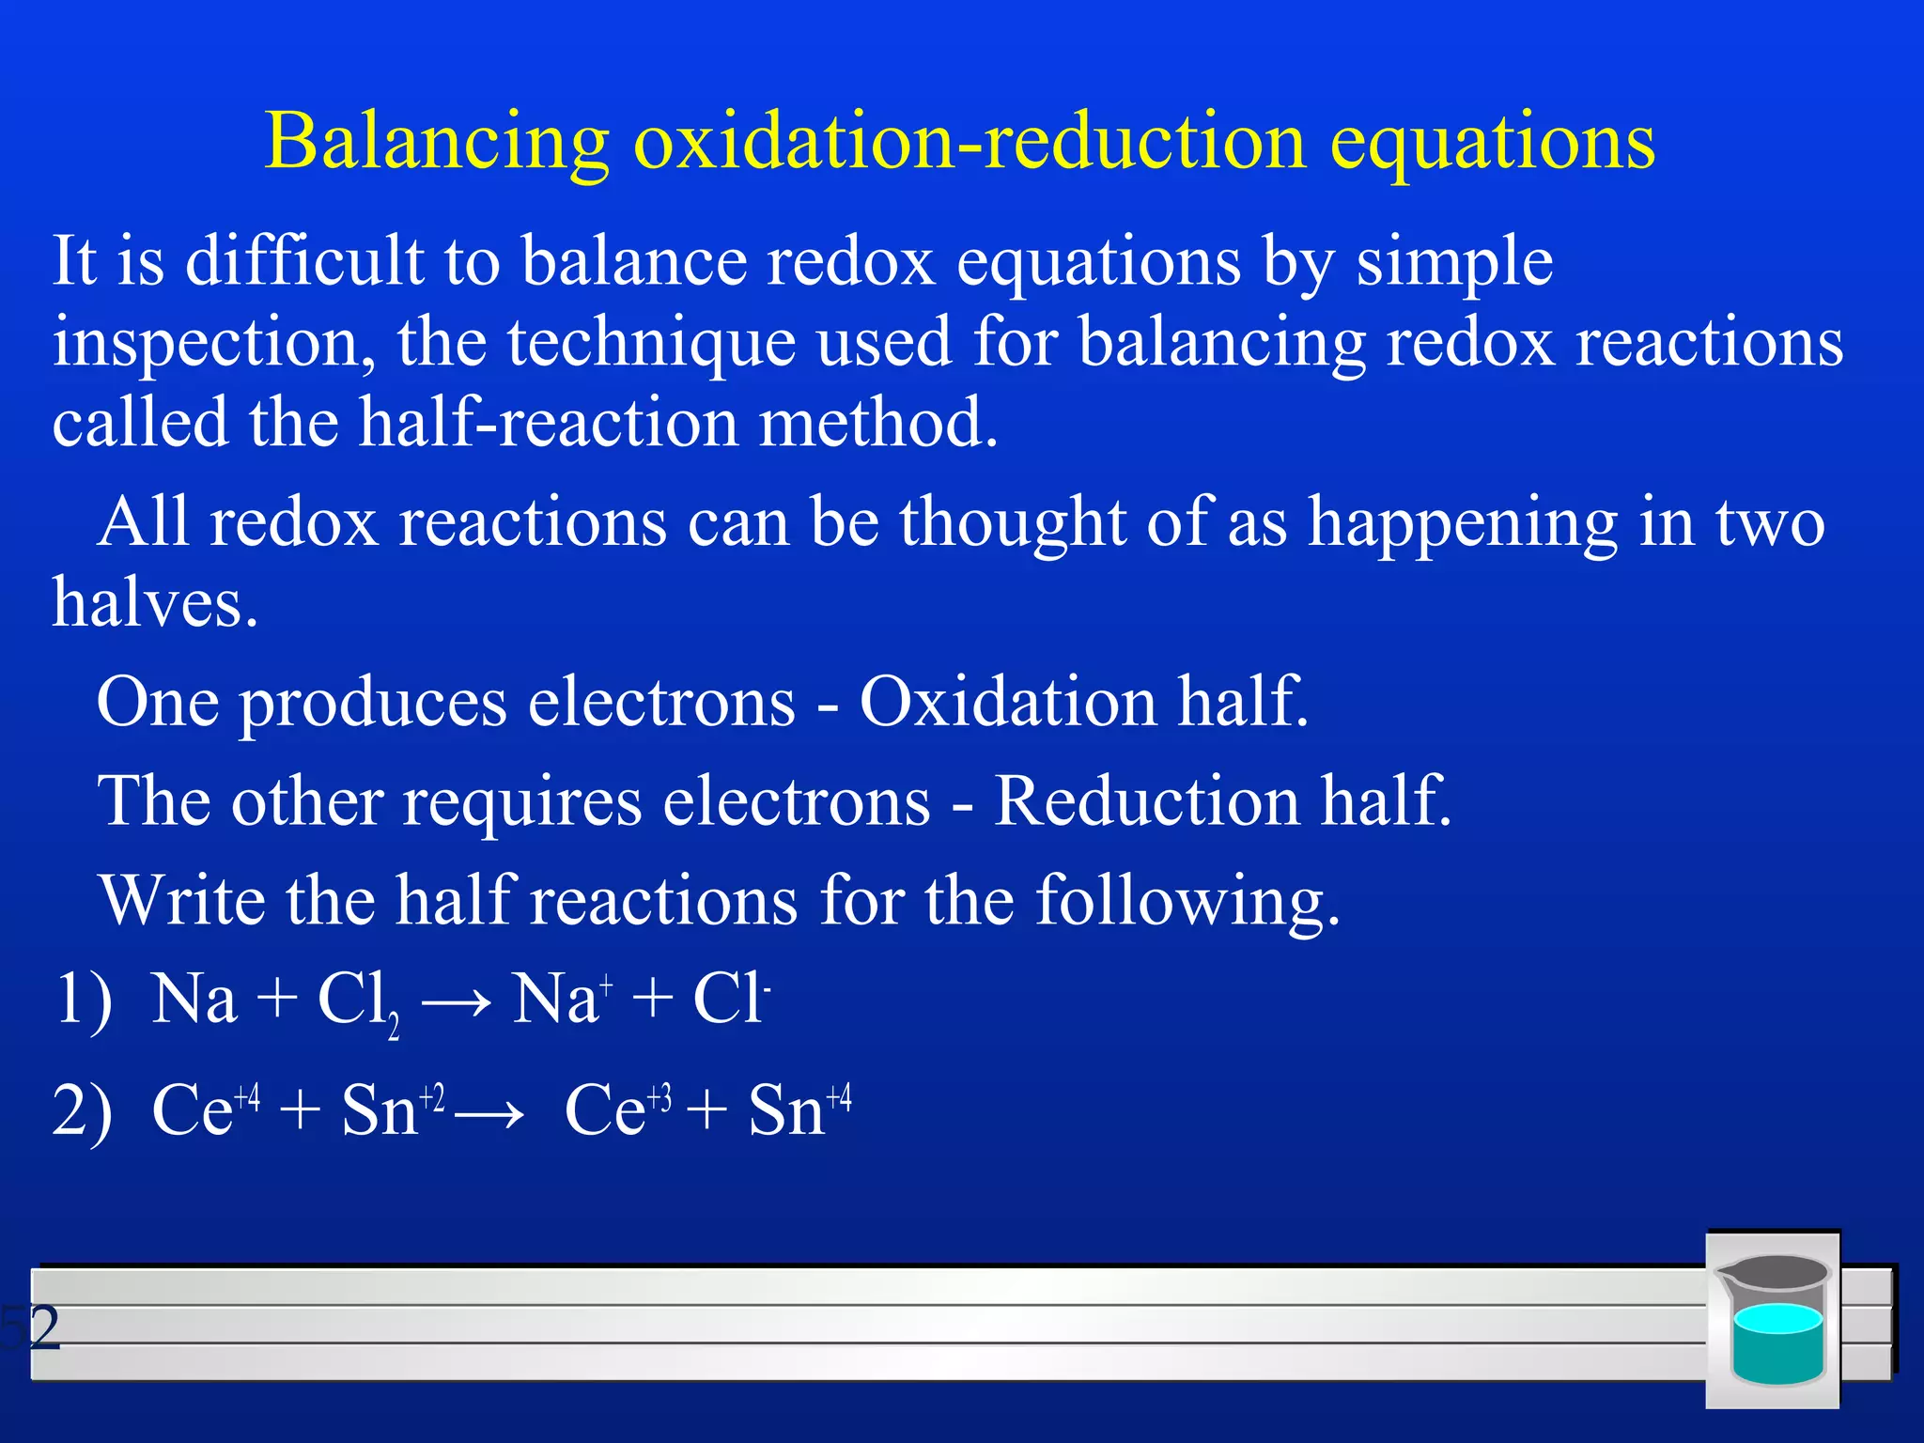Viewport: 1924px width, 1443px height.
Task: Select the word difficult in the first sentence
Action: click(x=303, y=260)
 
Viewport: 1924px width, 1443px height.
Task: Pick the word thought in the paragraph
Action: click(x=1012, y=522)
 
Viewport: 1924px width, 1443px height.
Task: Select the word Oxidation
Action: click(x=1007, y=703)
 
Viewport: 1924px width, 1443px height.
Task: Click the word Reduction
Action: click(x=1146, y=801)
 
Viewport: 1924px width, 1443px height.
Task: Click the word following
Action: click(x=1187, y=901)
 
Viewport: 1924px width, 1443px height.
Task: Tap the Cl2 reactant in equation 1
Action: click(x=358, y=1001)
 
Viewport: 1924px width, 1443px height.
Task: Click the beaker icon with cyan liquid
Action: click(x=1773, y=1320)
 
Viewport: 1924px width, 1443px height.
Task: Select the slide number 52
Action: click(x=30, y=1327)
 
